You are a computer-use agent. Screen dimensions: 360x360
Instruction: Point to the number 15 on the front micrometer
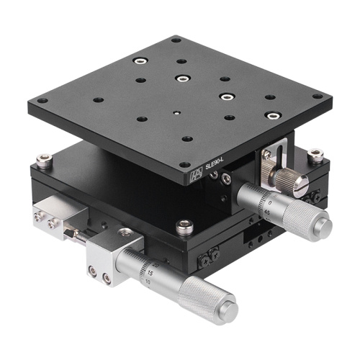point(148,274)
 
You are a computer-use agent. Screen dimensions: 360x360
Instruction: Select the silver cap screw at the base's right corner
point(315,155)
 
